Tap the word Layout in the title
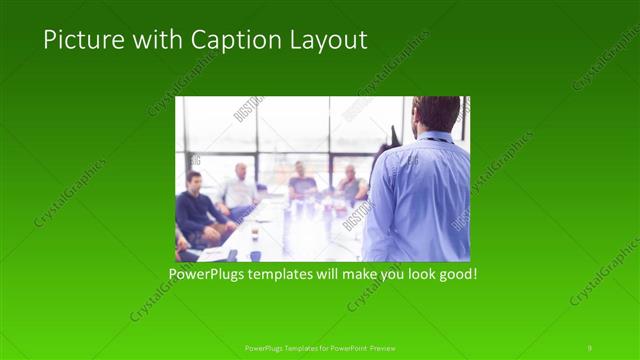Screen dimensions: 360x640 pos(328,40)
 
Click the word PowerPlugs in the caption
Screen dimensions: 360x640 pos(205,273)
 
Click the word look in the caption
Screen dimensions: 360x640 pos(414,273)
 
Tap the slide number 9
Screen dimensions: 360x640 pos(590,347)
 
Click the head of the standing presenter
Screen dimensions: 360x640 pos(434,113)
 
